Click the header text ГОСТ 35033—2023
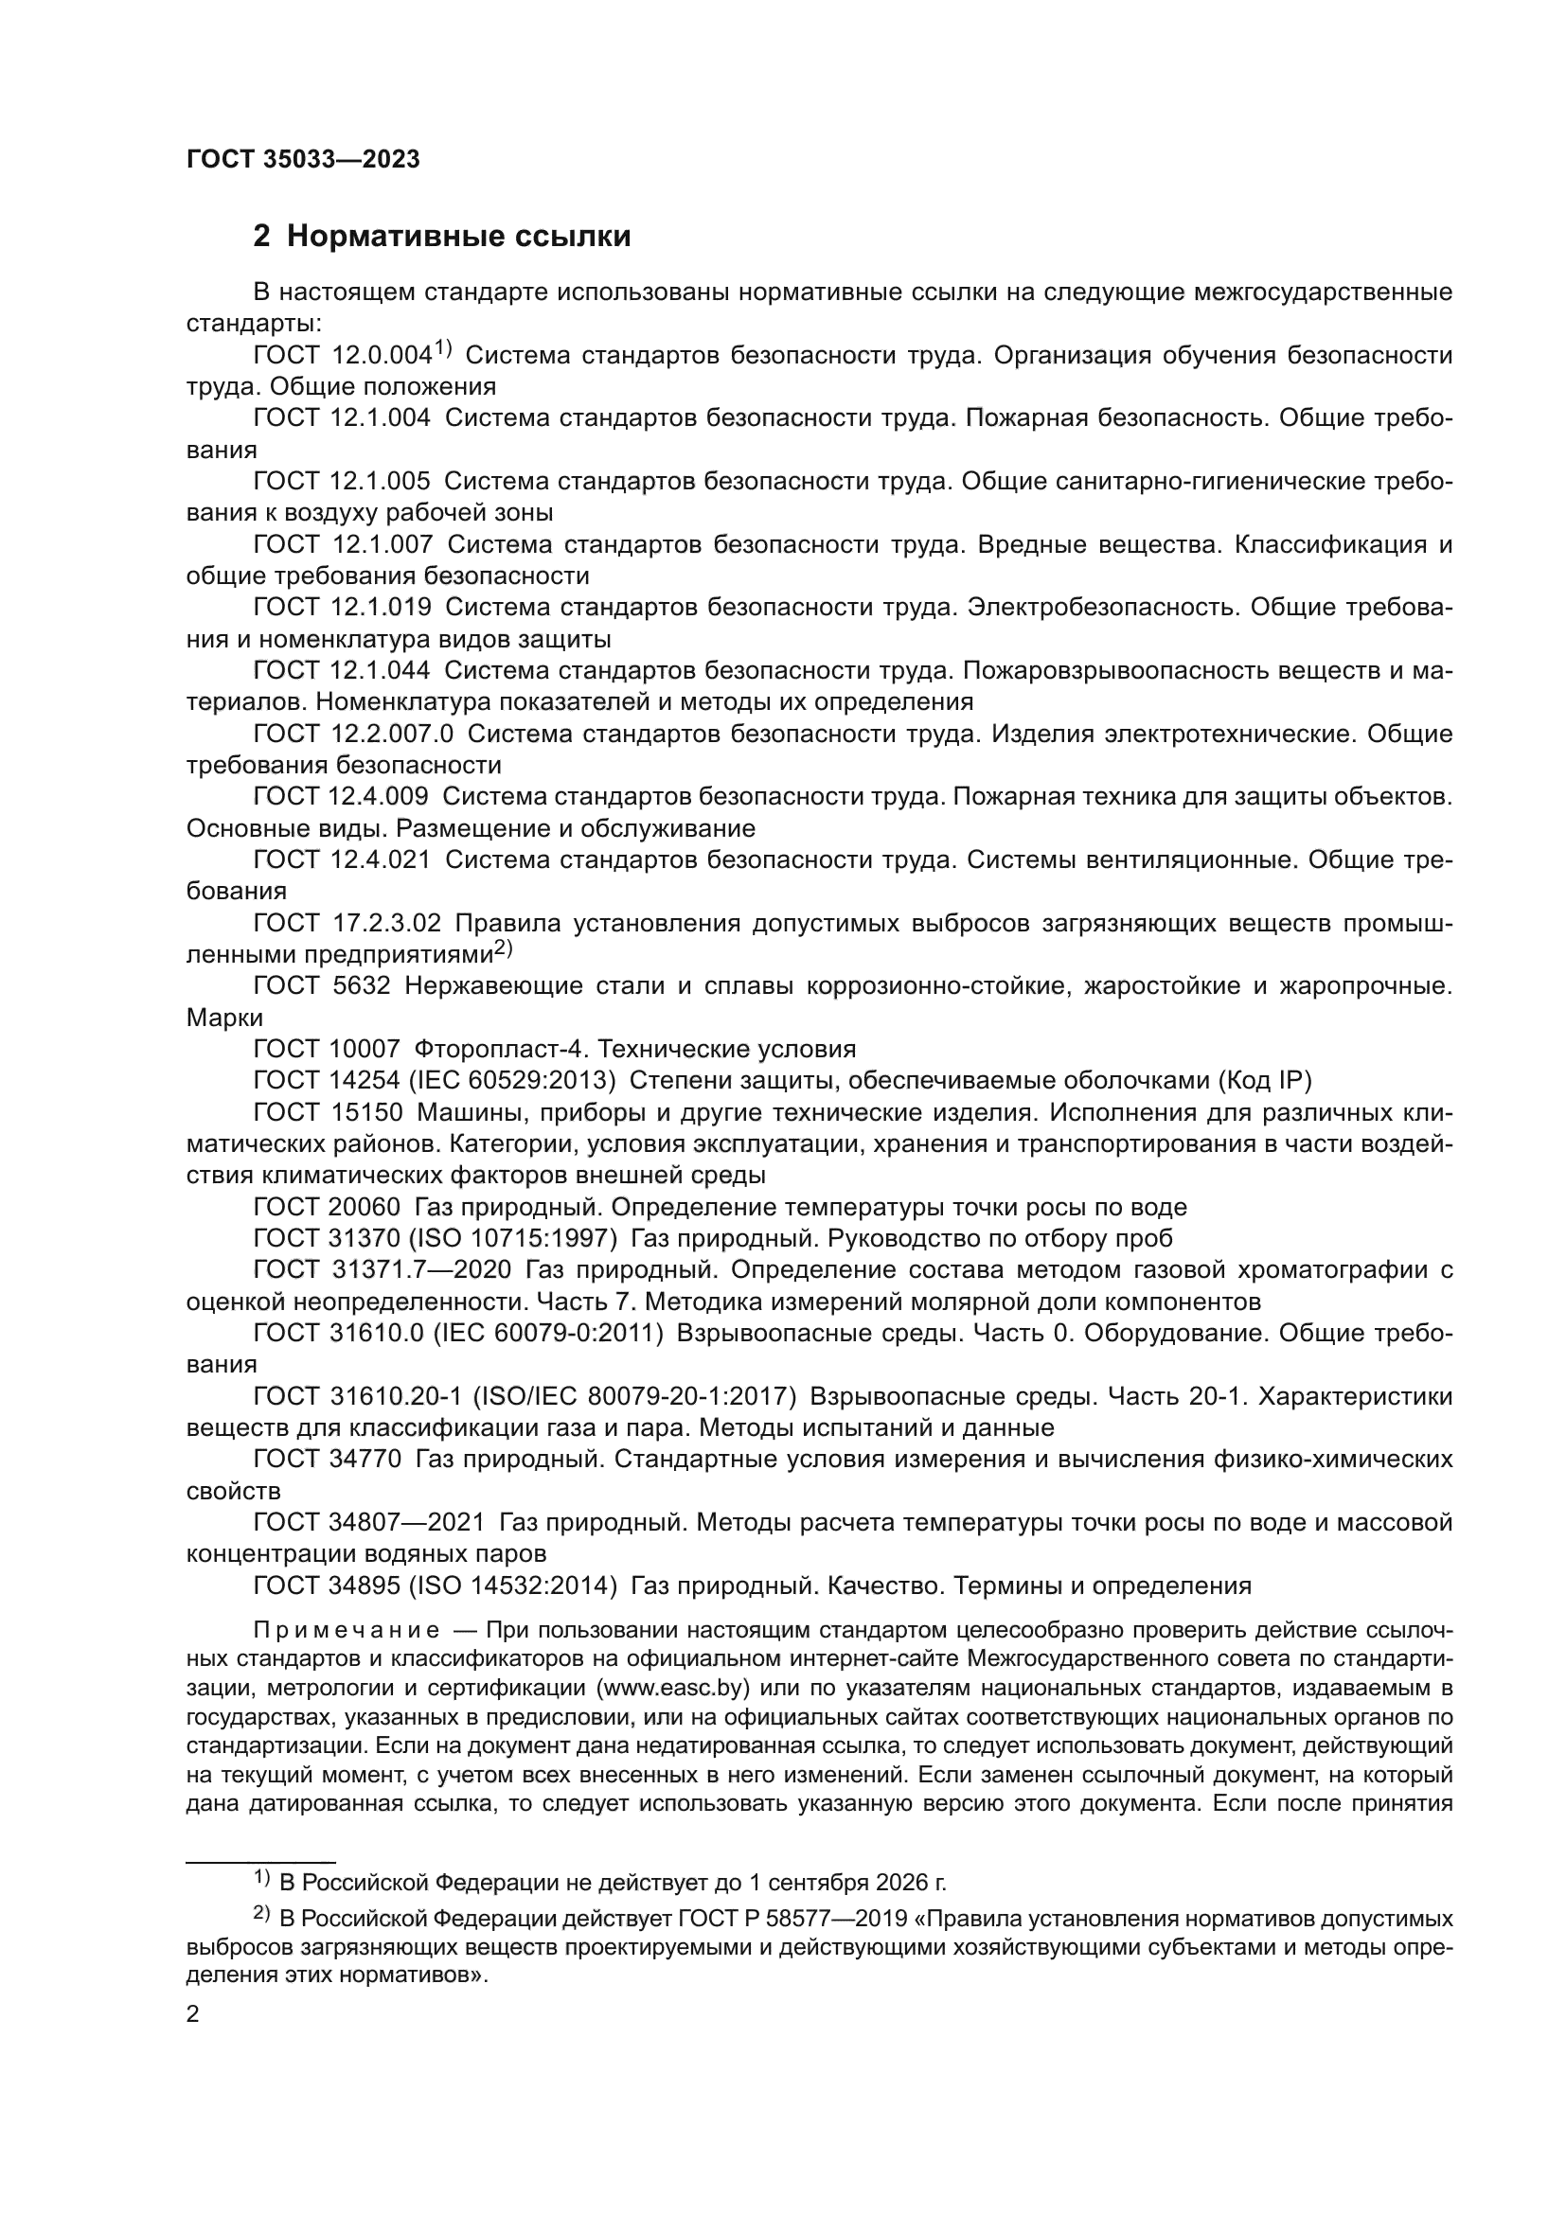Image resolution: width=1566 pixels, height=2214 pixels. (303, 160)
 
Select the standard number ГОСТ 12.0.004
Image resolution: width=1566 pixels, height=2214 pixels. (342, 356)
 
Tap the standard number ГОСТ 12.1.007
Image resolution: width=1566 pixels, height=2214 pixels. (343, 545)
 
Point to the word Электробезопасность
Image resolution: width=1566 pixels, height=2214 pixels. (1102, 608)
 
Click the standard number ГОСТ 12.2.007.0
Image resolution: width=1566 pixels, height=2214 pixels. (353, 734)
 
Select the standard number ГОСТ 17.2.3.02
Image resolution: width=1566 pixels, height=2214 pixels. (347, 923)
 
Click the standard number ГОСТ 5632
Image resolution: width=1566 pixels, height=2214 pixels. (321, 985)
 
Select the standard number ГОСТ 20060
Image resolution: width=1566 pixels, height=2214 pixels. (327, 1207)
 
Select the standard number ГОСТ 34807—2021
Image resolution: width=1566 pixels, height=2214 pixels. (369, 1523)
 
